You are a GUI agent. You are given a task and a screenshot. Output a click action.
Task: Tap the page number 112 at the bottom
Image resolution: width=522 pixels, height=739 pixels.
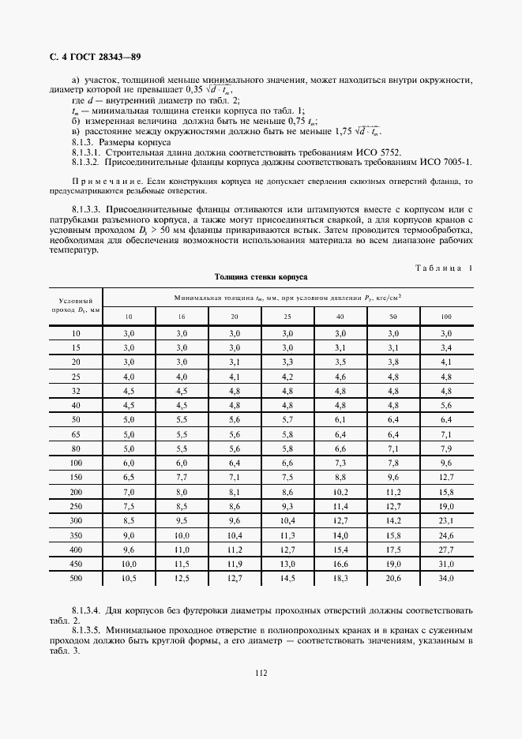[261, 673]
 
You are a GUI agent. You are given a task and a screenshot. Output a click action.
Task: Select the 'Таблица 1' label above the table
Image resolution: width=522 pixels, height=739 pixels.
[443, 268]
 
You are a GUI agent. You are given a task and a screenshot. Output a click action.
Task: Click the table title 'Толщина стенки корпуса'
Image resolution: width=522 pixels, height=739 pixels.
[261, 277]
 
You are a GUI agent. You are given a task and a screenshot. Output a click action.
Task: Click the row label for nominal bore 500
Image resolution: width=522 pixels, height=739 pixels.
[76, 578]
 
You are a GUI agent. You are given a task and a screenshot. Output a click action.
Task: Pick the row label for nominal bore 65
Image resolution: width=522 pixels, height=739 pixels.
[76, 434]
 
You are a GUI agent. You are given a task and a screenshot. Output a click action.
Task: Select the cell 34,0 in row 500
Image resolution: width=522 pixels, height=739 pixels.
[446, 578]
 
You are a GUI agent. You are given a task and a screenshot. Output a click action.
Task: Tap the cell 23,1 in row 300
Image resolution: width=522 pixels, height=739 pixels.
[446, 520]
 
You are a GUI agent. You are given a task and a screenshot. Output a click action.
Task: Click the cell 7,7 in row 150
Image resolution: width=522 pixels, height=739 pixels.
[182, 478]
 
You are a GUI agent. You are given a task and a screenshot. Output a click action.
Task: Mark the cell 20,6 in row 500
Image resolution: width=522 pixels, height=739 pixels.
[393, 578]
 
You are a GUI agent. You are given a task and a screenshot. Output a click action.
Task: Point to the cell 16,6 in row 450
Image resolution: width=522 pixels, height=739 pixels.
[340, 564]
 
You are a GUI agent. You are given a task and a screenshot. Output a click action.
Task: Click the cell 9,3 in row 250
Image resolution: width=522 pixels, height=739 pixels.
[287, 506]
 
